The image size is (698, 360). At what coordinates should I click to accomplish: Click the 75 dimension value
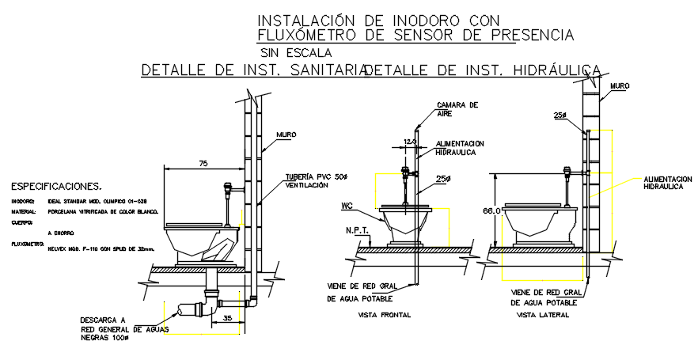point(203,164)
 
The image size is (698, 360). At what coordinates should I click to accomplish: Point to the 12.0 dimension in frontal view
point(409,142)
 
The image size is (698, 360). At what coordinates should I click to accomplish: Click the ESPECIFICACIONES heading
point(55,188)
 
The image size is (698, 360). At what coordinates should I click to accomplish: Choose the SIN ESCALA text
point(297,53)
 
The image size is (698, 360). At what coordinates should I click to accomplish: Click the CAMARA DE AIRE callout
point(458,108)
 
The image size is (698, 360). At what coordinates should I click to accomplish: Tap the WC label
point(347,206)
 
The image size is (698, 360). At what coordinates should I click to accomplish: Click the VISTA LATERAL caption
point(539,315)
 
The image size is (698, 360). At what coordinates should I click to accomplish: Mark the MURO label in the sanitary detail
point(286,135)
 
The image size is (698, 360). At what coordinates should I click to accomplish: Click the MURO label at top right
point(620,85)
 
